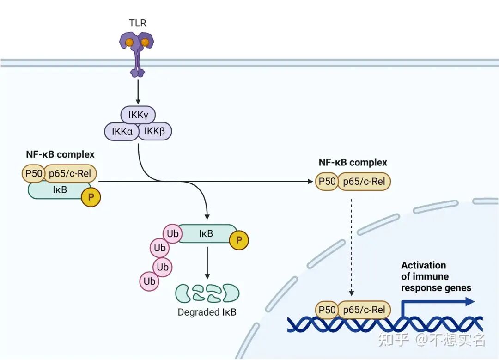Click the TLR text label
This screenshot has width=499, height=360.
(x=138, y=23)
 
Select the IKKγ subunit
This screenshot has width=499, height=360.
(x=138, y=115)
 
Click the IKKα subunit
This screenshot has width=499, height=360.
(x=122, y=131)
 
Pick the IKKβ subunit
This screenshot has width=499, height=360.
(x=155, y=131)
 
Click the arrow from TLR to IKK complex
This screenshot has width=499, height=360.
(x=138, y=92)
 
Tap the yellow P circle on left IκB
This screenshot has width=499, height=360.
(x=91, y=197)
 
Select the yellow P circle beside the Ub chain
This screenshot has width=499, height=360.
(x=239, y=240)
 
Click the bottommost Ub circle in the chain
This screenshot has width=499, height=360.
(x=149, y=281)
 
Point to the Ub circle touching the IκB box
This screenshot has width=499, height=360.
(x=172, y=234)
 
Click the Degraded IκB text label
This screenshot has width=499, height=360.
(x=207, y=312)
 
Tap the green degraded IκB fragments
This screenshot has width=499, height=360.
(x=207, y=293)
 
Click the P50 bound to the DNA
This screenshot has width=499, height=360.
(x=327, y=310)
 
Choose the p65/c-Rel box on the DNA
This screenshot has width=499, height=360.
(x=364, y=310)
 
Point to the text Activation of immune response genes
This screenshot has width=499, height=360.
(x=436, y=276)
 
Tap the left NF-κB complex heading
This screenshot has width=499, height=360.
(x=60, y=154)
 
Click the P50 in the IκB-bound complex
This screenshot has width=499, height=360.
(x=34, y=173)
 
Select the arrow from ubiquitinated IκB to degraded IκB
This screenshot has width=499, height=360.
(x=207, y=263)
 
